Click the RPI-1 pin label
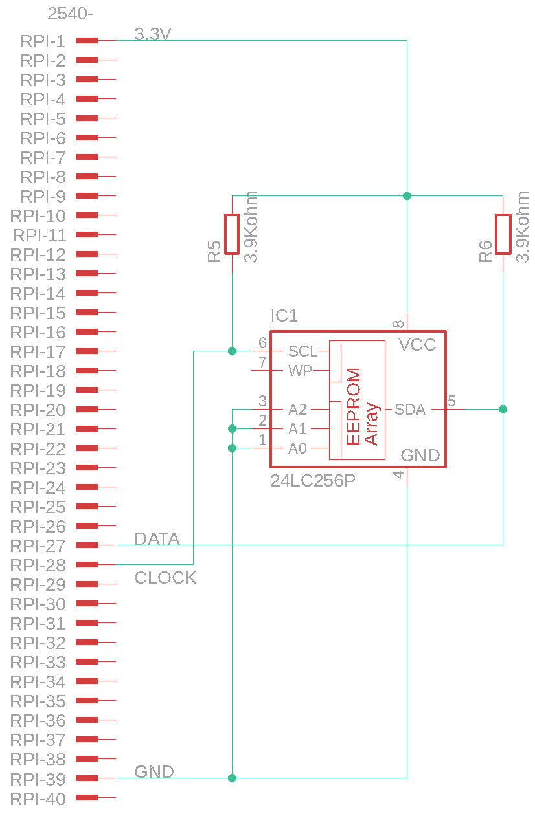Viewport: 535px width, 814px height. click(x=43, y=41)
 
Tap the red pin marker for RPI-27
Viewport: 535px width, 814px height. click(x=87, y=545)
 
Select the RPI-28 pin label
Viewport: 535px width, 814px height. click(x=38, y=566)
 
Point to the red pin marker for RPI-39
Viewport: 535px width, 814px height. click(x=87, y=778)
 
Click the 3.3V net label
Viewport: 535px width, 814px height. click(x=153, y=34)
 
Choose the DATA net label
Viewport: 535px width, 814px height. click(x=157, y=539)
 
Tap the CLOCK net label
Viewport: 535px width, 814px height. click(x=165, y=578)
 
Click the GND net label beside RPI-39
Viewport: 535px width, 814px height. click(x=154, y=772)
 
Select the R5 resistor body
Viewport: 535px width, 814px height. click(x=232, y=234)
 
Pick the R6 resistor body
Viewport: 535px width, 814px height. click(x=503, y=234)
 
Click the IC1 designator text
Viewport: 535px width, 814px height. click(x=284, y=316)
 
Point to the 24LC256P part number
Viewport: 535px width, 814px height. click(x=313, y=481)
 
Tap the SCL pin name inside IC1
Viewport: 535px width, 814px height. click(x=302, y=351)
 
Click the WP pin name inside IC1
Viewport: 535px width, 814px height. click(x=301, y=371)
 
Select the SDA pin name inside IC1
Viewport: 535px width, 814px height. click(x=410, y=410)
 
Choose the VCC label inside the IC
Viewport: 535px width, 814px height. click(x=418, y=345)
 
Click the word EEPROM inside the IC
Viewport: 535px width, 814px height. click(x=354, y=407)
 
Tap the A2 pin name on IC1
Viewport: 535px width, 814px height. click(x=298, y=410)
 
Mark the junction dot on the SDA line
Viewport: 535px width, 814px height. click(x=503, y=410)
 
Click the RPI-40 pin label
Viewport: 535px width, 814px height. click(x=38, y=798)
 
